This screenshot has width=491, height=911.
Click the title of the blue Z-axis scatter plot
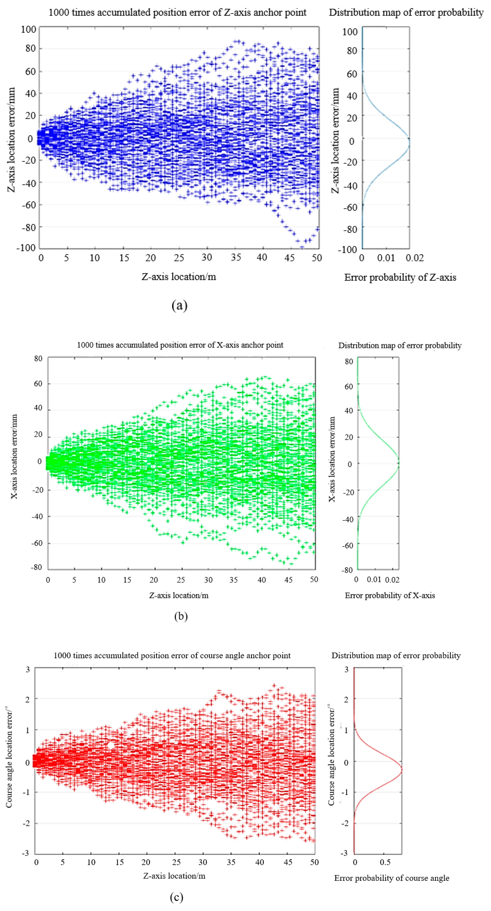click(177, 13)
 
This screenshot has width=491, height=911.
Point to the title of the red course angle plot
click(172, 655)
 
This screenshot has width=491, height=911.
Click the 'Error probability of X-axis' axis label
click(390, 595)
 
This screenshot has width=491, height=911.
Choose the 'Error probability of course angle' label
click(391, 878)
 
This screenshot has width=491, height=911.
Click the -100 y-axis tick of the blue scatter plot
click(26, 248)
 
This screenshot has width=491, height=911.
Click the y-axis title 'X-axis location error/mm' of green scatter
click(14, 456)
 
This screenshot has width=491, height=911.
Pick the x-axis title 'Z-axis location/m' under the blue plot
click(179, 277)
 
